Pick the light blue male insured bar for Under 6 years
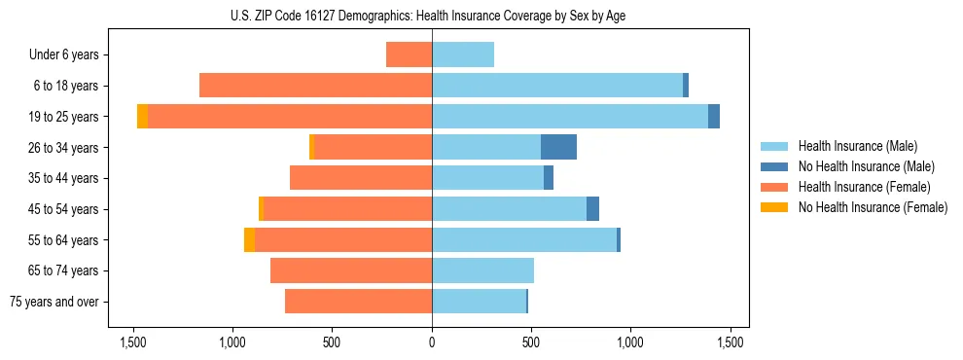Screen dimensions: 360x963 (x=463, y=54)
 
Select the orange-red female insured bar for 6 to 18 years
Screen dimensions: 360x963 (x=315, y=86)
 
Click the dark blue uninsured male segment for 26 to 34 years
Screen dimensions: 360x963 (x=558, y=147)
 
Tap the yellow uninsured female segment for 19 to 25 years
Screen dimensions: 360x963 (x=142, y=117)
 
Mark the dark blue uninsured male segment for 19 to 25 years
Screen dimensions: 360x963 (x=714, y=117)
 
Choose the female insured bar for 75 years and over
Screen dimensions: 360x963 (x=358, y=302)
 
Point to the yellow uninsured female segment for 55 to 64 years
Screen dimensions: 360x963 (x=249, y=239)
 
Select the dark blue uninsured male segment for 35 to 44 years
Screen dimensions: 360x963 (x=549, y=178)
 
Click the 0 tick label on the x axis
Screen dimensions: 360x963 (x=432, y=342)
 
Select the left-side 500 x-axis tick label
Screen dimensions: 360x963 (x=332, y=342)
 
